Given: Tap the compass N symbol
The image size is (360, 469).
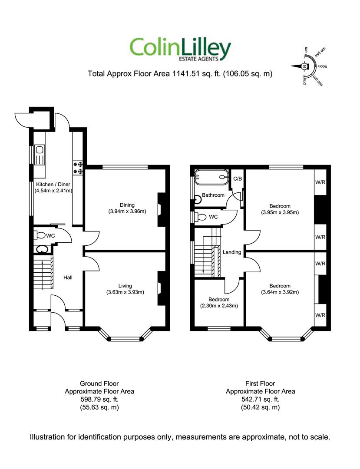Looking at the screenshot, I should (x=304, y=66).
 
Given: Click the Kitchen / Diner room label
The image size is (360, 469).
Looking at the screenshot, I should (x=53, y=184).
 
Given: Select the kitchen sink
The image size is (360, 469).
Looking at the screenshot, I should (x=40, y=150).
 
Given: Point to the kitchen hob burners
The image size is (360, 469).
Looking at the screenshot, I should (x=79, y=168).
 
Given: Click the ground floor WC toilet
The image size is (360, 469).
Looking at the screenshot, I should (x=40, y=235).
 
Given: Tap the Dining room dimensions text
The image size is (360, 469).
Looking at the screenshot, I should (x=127, y=212).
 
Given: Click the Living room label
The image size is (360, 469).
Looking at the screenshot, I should (x=126, y=285).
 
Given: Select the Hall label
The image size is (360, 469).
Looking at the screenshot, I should (x=68, y=277).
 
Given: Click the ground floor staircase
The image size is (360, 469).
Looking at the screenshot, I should (x=43, y=273).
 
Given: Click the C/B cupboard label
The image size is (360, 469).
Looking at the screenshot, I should (x=238, y=178).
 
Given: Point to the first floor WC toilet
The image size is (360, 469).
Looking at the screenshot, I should (x=201, y=216).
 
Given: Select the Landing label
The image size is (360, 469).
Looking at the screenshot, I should (x=232, y=252).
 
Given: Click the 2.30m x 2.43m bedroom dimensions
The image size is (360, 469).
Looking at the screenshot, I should (x=219, y=306).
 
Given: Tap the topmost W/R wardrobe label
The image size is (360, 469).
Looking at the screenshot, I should (x=320, y=182).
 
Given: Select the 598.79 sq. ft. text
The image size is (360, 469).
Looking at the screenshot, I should (x=99, y=399).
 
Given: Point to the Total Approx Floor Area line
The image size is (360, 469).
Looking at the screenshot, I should (x=180, y=74).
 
